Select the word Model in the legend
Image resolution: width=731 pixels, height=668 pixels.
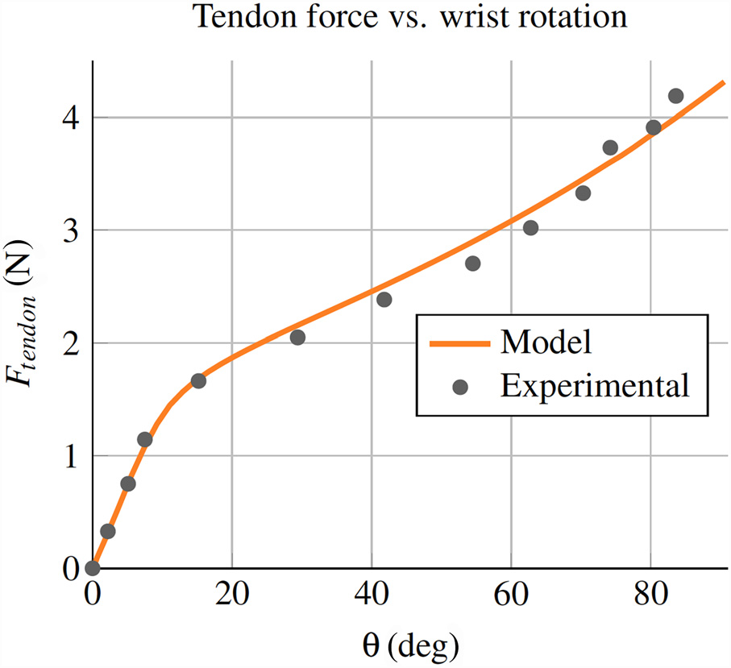(x=546, y=342)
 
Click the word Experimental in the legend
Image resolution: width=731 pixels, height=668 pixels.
(x=595, y=386)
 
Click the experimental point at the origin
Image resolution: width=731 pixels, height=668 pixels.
(x=93, y=568)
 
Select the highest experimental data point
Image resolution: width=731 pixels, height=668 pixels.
(x=675, y=96)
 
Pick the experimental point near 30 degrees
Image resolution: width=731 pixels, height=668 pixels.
(x=297, y=337)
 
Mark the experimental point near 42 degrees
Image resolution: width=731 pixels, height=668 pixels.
(x=384, y=300)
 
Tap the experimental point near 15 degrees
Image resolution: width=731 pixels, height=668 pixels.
(x=198, y=380)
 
